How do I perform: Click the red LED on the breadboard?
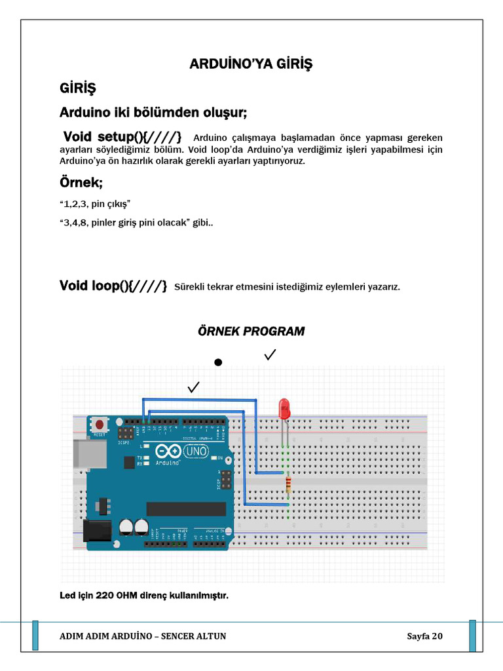click(285, 409)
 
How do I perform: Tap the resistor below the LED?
click(288, 485)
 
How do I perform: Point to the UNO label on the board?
click(196, 451)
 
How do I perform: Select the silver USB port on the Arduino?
click(84, 454)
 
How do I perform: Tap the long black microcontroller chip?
click(186, 509)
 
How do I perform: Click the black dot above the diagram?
click(218, 362)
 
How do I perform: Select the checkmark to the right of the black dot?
click(270, 355)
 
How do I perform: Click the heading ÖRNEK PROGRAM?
click(251, 332)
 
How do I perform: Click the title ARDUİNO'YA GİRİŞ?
click(251, 64)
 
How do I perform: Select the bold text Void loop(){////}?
click(113, 286)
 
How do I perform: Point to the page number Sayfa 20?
click(424, 636)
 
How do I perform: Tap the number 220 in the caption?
click(105, 595)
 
